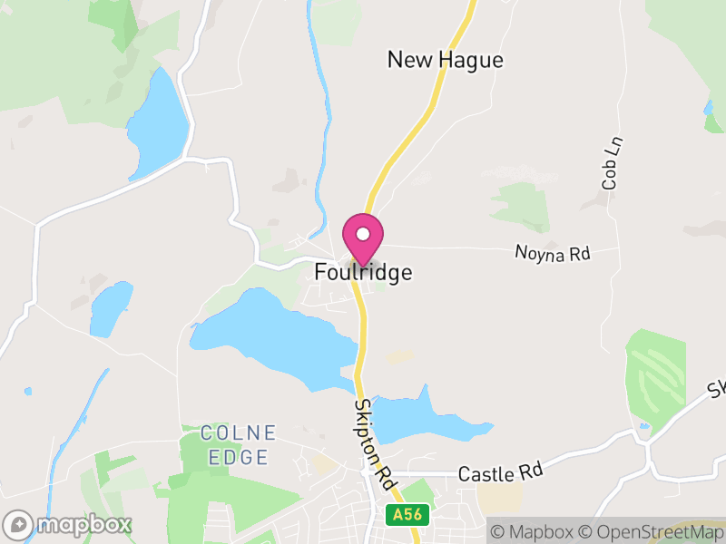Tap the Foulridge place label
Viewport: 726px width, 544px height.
[x=363, y=272]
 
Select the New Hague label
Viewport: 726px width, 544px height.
[x=445, y=60]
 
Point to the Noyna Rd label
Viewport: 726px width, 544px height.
[x=552, y=254]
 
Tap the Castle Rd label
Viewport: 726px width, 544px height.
[x=500, y=472]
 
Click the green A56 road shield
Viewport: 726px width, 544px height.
[x=406, y=514]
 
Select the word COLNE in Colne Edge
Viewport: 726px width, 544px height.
[x=238, y=432]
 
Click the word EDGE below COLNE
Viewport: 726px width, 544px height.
[x=238, y=457]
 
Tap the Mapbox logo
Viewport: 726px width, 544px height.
[x=68, y=525]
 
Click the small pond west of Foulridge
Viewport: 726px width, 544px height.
[x=111, y=308]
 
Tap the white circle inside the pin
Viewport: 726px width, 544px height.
[x=363, y=234]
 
